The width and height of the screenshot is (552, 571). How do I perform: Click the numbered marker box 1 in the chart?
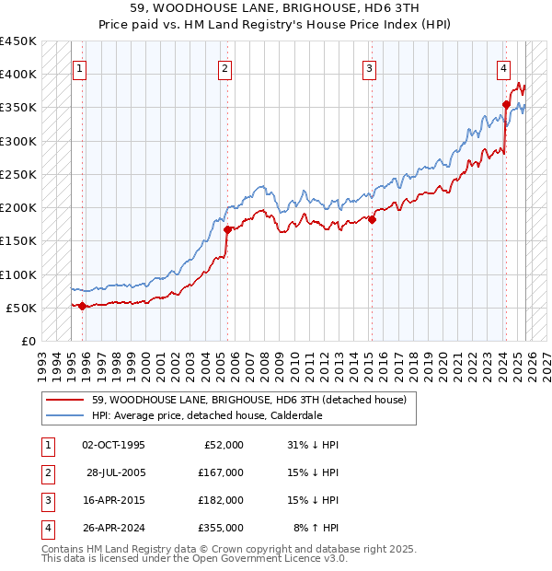click(x=80, y=67)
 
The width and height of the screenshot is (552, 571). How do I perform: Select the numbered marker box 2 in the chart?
click(x=225, y=67)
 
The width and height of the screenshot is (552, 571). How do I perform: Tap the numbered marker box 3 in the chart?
click(x=369, y=67)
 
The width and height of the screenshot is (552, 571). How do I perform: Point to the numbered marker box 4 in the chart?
click(x=504, y=67)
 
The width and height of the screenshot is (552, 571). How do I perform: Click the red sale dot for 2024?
click(x=506, y=105)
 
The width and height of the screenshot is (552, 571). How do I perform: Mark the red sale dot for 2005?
click(x=227, y=229)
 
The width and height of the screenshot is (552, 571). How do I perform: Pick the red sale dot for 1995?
click(x=82, y=306)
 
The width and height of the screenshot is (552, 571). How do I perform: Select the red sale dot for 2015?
click(x=373, y=219)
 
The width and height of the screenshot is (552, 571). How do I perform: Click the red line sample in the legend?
click(x=66, y=399)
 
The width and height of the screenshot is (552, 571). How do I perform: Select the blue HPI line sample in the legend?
click(x=66, y=415)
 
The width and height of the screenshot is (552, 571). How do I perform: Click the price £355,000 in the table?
click(x=221, y=528)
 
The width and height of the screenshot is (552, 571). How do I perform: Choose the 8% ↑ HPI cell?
click(x=316, y=528)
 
